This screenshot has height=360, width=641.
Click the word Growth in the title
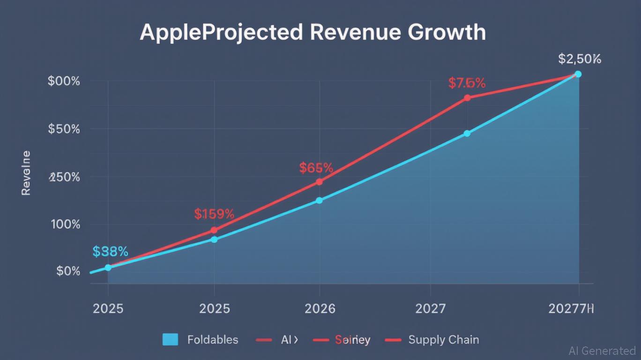(447, 33)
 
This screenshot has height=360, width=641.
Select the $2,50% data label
(580, 59)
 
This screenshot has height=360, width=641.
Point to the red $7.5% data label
(467, 83)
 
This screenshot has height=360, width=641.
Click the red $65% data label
(316, 168)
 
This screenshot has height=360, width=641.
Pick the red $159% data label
(214, 214)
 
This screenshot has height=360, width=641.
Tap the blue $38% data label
(110, 252)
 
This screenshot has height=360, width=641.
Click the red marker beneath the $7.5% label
(467, 98)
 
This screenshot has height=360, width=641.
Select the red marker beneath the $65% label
(319, 182)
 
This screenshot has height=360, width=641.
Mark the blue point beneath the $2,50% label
(578, 74)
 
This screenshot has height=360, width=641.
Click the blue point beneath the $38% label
(108, 267)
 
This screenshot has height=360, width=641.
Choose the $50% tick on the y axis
(64, 129)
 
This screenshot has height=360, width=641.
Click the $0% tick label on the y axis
(68, 271)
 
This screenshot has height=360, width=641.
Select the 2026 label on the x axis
(320, 309)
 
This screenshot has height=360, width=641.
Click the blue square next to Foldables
(170, 339)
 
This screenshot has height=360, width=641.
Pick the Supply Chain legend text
(443, 339)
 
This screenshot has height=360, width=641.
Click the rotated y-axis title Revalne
(26, 173)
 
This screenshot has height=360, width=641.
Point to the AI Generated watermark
(602, 351)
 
